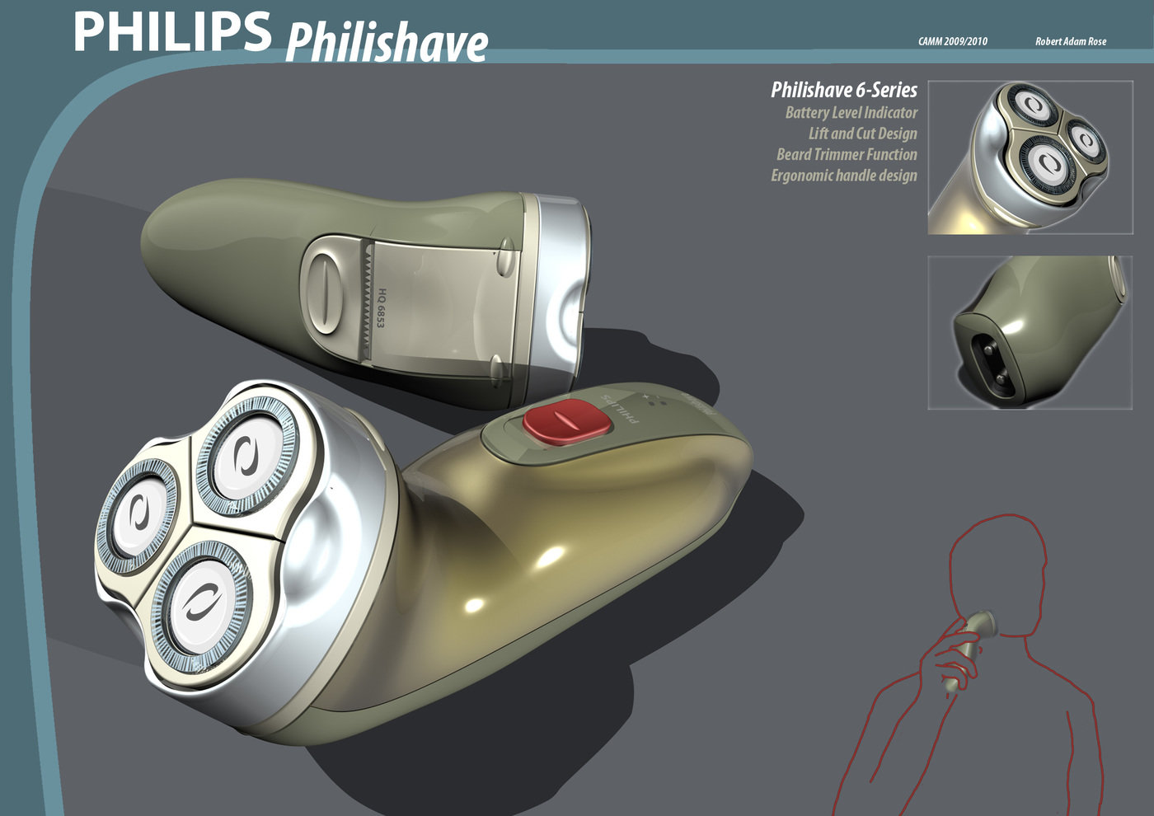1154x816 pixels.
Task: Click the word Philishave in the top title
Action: coord(387,43)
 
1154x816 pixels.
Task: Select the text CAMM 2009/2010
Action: coord(952,41)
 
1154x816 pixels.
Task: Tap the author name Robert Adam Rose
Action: coord(1070,41)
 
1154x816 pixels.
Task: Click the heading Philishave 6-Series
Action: coord(843,90)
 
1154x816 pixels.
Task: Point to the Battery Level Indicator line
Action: coord(851,113)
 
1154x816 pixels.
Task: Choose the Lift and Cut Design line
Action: coord(862,134)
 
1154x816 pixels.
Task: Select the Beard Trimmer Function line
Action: coord(847,154)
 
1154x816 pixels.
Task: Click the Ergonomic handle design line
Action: coord(843,176)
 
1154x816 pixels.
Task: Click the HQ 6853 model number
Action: coord(382,307)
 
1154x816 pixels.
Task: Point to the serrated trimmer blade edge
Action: coord(361,302)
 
